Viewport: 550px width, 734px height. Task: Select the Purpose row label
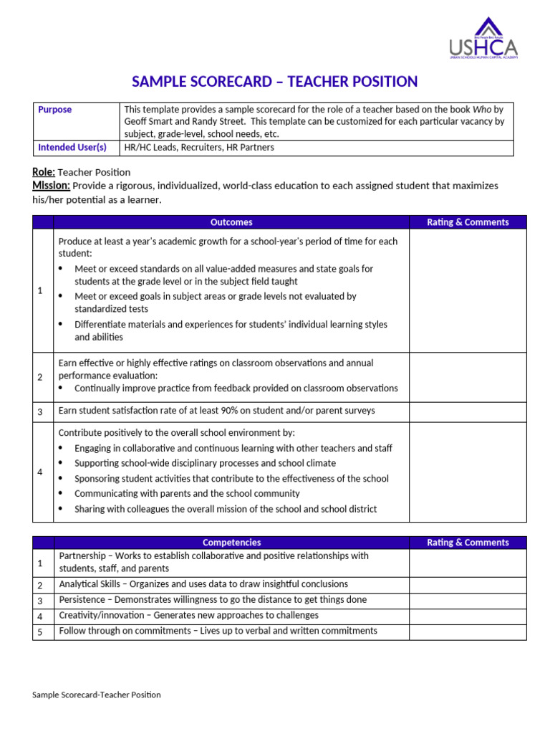pyautogui.click(x=55, y=110)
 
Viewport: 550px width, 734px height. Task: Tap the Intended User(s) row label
pyautogui.click(x=72, y=148)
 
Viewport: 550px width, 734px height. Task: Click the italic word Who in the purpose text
pyautogui.click(x=481, y=110)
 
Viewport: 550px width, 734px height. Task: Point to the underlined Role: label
pyautogui.click(x=44, y=172)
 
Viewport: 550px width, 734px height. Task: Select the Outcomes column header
pyautogui.click(x=231, y=222)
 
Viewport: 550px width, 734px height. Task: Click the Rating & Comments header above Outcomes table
pyautogui.click(x=468, y=222)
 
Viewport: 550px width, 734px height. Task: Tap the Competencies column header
pyautogui.click(x=231, y=543)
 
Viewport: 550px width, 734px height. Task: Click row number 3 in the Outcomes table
pyautogui.click(x=40, y=411)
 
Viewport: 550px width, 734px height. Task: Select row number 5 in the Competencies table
pyautogui.click(x=40, y=631)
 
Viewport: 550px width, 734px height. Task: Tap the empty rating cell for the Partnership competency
pyautogui.click(x=468, y=563)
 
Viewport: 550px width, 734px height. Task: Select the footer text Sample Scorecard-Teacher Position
pyautogui.click(x=97, y=695)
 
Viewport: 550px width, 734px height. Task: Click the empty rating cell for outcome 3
pyautogui.click(x=468, y=411)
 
